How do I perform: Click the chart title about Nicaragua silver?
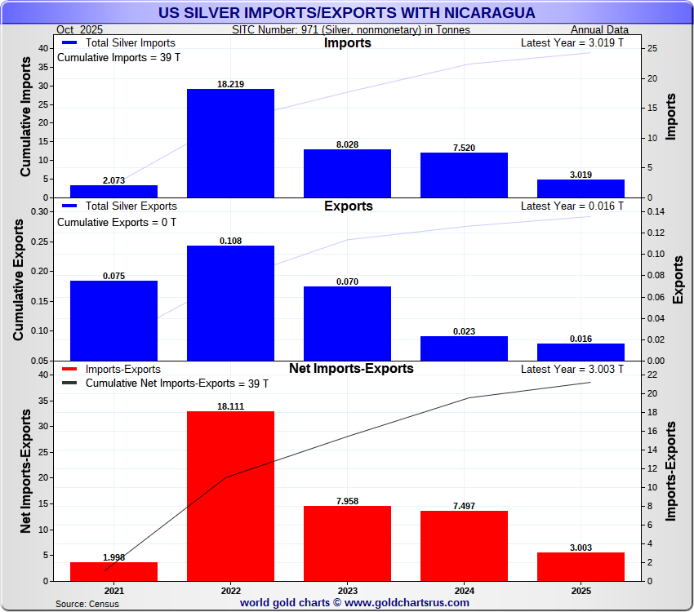(347, 13)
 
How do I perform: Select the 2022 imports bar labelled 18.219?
(230, 143)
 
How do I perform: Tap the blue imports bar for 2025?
(581, 188)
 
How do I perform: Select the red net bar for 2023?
(347, 543)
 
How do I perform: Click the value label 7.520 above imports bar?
(464, 148)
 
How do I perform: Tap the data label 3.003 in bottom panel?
(581, 548)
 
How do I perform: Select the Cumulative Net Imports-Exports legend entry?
(176, 384)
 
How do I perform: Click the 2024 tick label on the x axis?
(464, 591)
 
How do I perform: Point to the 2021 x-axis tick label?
(113, 591)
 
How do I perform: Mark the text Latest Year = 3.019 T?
(572, 43)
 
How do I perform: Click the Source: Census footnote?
(87, 604)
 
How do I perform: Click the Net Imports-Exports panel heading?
(351, 369)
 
